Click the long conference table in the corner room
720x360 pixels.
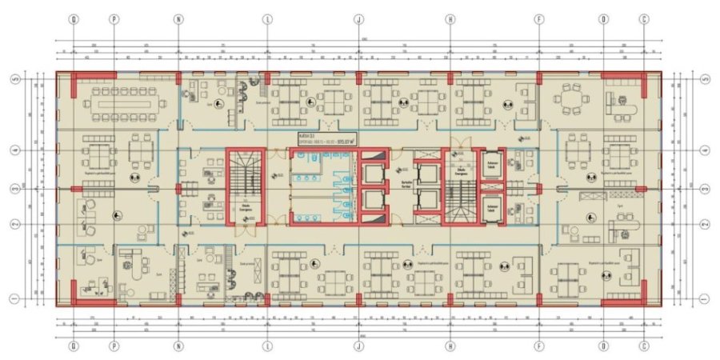point(124,100)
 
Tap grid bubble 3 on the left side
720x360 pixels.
point(14,189)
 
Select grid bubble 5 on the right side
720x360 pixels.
point(705,79)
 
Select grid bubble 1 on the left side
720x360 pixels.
point(14,299)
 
